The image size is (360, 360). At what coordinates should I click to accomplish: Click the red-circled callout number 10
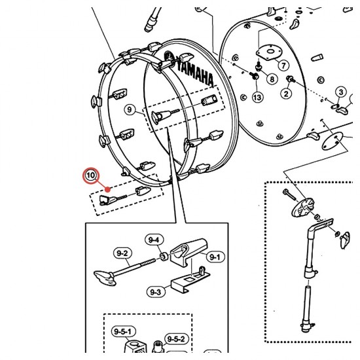click(91, 175)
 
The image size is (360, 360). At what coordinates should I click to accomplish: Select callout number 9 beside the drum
click(130, 109)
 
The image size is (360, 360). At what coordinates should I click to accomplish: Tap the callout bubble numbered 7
click(284, 65)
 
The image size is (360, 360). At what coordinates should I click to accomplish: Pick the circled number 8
click(272, 79)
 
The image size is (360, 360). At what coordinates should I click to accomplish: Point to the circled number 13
click(257, 98)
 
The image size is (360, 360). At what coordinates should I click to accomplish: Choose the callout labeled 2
click(286, 94)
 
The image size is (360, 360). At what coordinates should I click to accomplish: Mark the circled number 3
click(341, 92)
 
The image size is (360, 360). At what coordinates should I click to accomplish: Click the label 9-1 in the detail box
click(215, 257)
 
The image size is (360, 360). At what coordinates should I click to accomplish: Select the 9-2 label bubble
click(122, 253)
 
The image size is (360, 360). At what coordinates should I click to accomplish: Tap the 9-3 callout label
click(155, 292)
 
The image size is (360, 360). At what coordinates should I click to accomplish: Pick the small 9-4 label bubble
click(153, 240)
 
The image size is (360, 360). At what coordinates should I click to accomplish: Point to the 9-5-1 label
click(123, 332)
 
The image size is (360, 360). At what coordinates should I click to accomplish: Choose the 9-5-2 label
click(176, 339)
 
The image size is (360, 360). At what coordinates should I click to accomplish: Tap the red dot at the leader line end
click(107, 189)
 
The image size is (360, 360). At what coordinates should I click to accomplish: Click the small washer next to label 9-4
click(164, 257)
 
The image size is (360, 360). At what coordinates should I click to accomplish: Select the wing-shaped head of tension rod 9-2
click(105, 278)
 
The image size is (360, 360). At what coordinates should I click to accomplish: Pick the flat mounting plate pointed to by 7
click(268, 52)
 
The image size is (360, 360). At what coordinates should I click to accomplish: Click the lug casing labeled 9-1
click(189, 252)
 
